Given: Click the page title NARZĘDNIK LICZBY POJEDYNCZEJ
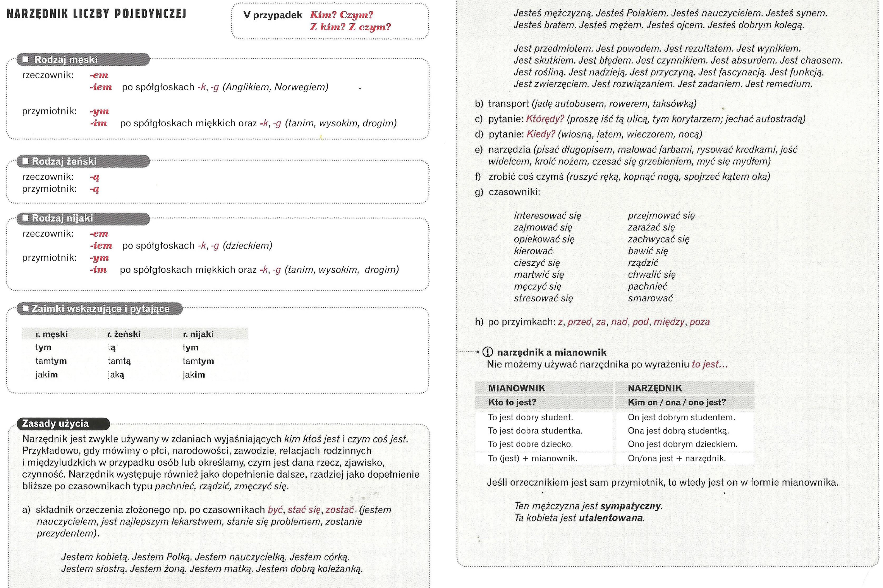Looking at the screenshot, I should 96,14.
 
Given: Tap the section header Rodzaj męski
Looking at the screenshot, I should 65,60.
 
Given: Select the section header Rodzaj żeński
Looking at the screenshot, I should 64,161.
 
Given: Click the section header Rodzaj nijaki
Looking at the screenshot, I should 62,218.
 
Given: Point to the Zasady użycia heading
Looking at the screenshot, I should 55,423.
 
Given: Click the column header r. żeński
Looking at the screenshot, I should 124,334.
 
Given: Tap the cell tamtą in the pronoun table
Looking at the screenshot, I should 119,361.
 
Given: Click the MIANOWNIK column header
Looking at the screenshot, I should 516,388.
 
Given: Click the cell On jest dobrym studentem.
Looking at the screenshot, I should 681,417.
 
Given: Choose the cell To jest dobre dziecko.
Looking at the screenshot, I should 530,444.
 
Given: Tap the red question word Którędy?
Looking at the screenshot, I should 545,119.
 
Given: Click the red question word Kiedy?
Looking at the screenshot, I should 541,134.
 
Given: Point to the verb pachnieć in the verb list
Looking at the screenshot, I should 648,286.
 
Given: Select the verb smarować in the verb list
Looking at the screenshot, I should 650,298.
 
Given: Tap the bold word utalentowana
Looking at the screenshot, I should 611,518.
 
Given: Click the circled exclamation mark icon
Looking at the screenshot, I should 488,352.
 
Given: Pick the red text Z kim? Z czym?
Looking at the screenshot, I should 350,27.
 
